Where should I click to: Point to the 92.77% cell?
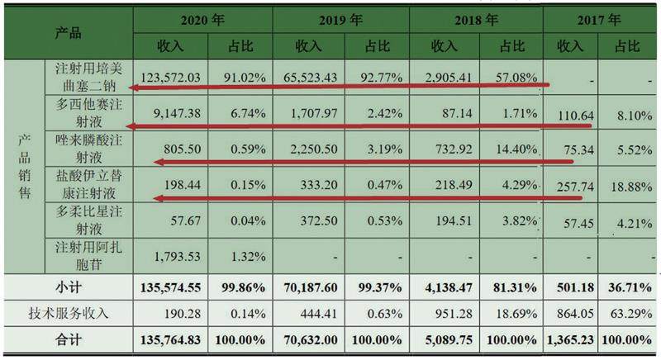(374, 78)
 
